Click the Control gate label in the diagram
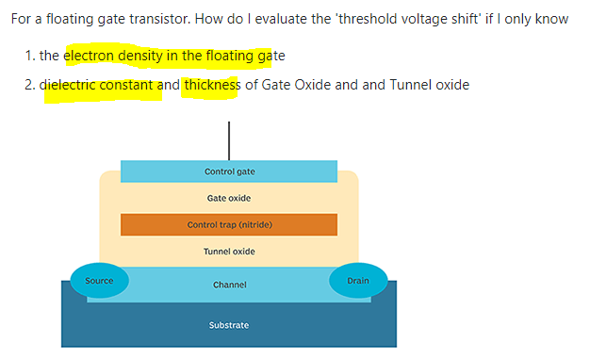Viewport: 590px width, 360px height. tap(229, 172)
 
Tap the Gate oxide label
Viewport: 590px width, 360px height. tap(229, 198)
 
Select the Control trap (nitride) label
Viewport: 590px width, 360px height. tap(229, 225)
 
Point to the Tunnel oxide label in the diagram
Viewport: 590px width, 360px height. tap(229, 252)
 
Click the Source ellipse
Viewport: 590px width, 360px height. tap(99, 281)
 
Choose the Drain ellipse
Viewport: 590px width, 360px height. tap(358, 281)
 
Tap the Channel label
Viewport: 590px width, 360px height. tap(229, 285)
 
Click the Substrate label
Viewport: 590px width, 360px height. tap(229, 325)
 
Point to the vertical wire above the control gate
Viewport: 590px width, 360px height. tap(228, 140)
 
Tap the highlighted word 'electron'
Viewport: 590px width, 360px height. tap(90, 56)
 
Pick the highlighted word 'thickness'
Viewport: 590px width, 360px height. tap(211, 85)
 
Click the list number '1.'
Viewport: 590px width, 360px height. tap(31, 56)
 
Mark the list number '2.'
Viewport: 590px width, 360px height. tap(31, 85)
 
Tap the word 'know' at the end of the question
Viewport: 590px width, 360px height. tap(551, 19)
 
